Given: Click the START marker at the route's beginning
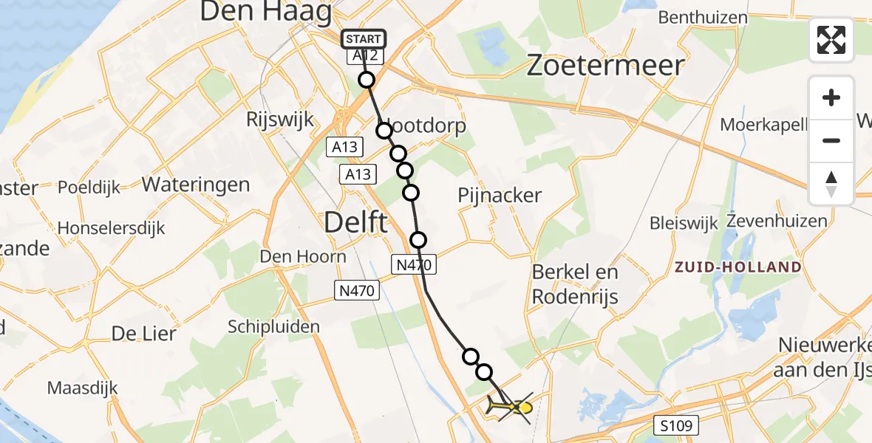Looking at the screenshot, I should point(363,39).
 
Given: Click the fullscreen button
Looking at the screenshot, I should point(831,40).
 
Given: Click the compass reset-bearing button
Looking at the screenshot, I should point(831,184).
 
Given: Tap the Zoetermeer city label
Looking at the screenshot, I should point(604,66).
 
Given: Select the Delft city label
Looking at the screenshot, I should point(355,221).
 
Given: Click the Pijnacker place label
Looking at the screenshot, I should point(500,196).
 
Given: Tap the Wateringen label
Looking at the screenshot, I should point(196,184).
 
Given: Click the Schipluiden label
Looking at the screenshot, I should point(273,326).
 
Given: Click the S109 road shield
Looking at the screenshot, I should point(678,425).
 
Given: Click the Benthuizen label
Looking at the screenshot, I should point(703,17).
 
